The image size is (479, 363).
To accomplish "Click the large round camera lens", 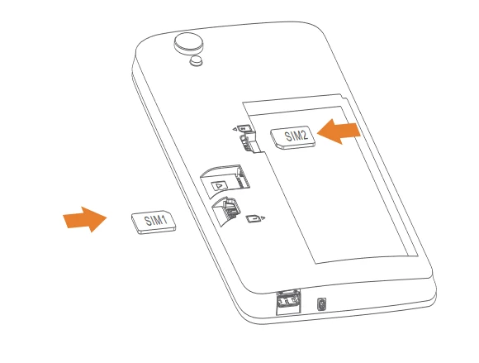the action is click(189, 43).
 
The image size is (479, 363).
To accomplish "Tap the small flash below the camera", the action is click(196, 60).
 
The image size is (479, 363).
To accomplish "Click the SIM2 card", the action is click(293, 137).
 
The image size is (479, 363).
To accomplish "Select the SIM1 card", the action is click(154, 222).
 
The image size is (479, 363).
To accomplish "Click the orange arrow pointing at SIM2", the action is click(339, 132).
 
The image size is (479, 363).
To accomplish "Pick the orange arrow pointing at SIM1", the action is click(84, 219).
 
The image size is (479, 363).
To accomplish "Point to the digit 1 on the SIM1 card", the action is click(164, 220).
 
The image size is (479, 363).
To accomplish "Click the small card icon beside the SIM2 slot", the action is click(244, 128).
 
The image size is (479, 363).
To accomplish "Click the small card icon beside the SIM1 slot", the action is click(253, 218).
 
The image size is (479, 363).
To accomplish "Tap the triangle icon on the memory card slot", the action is click(218, 185).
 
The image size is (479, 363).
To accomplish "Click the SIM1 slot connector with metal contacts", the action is click(229, 209).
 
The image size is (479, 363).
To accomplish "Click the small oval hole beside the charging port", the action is click(321, 304).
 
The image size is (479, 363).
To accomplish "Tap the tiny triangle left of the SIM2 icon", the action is click(235, 129).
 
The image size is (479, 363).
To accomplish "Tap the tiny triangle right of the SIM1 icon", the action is click(263, 217).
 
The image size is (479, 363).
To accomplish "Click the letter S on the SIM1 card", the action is click(148, 221).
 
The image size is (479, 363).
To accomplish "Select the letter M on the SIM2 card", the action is click(293, 136).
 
